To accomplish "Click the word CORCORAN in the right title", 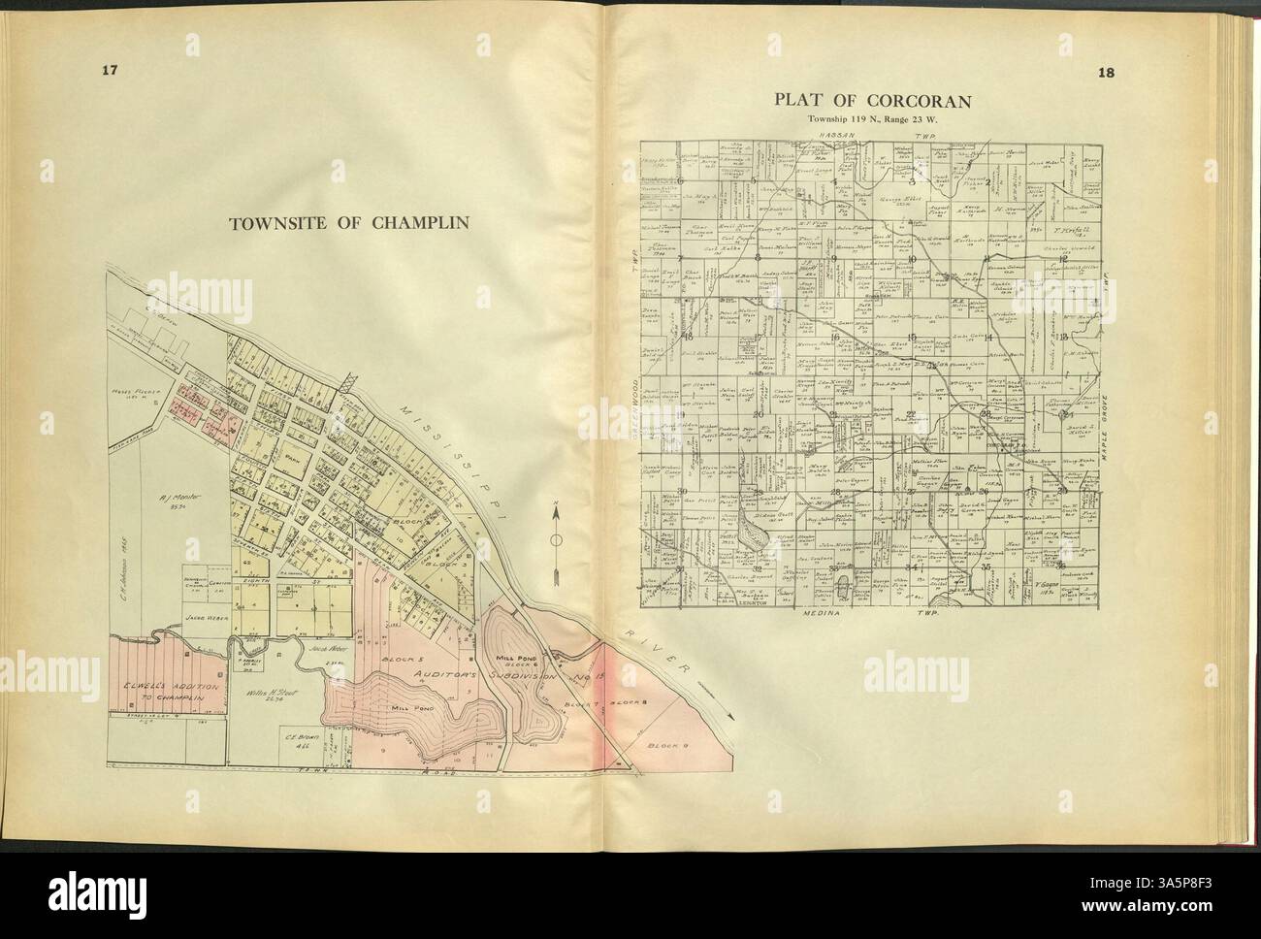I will pos(919,100).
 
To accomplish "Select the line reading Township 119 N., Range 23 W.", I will pos(873,118).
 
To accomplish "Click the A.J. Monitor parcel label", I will pos(179,499).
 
